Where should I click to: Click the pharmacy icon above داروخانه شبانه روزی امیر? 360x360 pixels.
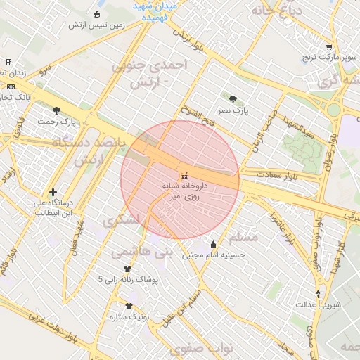(185, 175)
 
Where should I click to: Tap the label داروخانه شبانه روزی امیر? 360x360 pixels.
(185, 192)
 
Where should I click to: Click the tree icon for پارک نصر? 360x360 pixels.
(233, 98)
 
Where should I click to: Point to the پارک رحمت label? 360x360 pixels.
(58, 122)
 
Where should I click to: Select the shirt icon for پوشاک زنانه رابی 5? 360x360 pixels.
(127, 269)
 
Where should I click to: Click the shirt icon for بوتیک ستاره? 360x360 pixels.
(128, 306)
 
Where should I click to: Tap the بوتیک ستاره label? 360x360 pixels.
(127, 318)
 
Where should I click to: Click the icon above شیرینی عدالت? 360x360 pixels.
(319, 293)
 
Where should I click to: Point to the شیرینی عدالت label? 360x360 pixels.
(321, 305)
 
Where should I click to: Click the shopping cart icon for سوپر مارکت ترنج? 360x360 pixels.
(329, 48)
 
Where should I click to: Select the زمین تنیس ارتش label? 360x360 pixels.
(97, 25)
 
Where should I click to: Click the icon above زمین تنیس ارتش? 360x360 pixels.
(96, 14)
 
